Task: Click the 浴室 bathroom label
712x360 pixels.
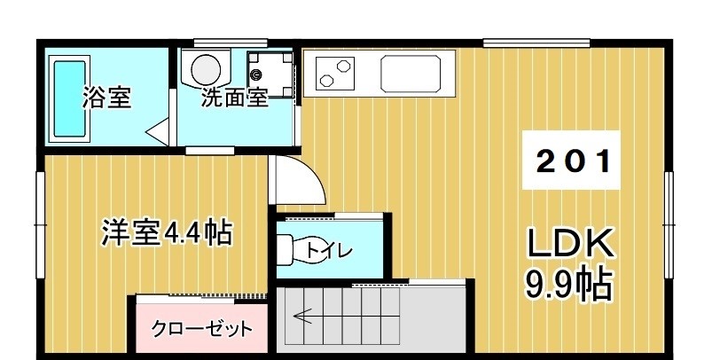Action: pyautogui.click(x=107, y=98)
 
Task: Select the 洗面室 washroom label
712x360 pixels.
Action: pyautogui.click(x=234, y=98)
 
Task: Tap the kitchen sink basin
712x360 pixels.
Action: pyautogui.click(x=411, y=73)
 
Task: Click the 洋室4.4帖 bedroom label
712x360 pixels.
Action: pyautogui.click(x=166, y=233)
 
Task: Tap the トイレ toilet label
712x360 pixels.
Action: pyautogui.click(x=330, y=251)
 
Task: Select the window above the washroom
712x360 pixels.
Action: pyautogui.click(x=231, y=41)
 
